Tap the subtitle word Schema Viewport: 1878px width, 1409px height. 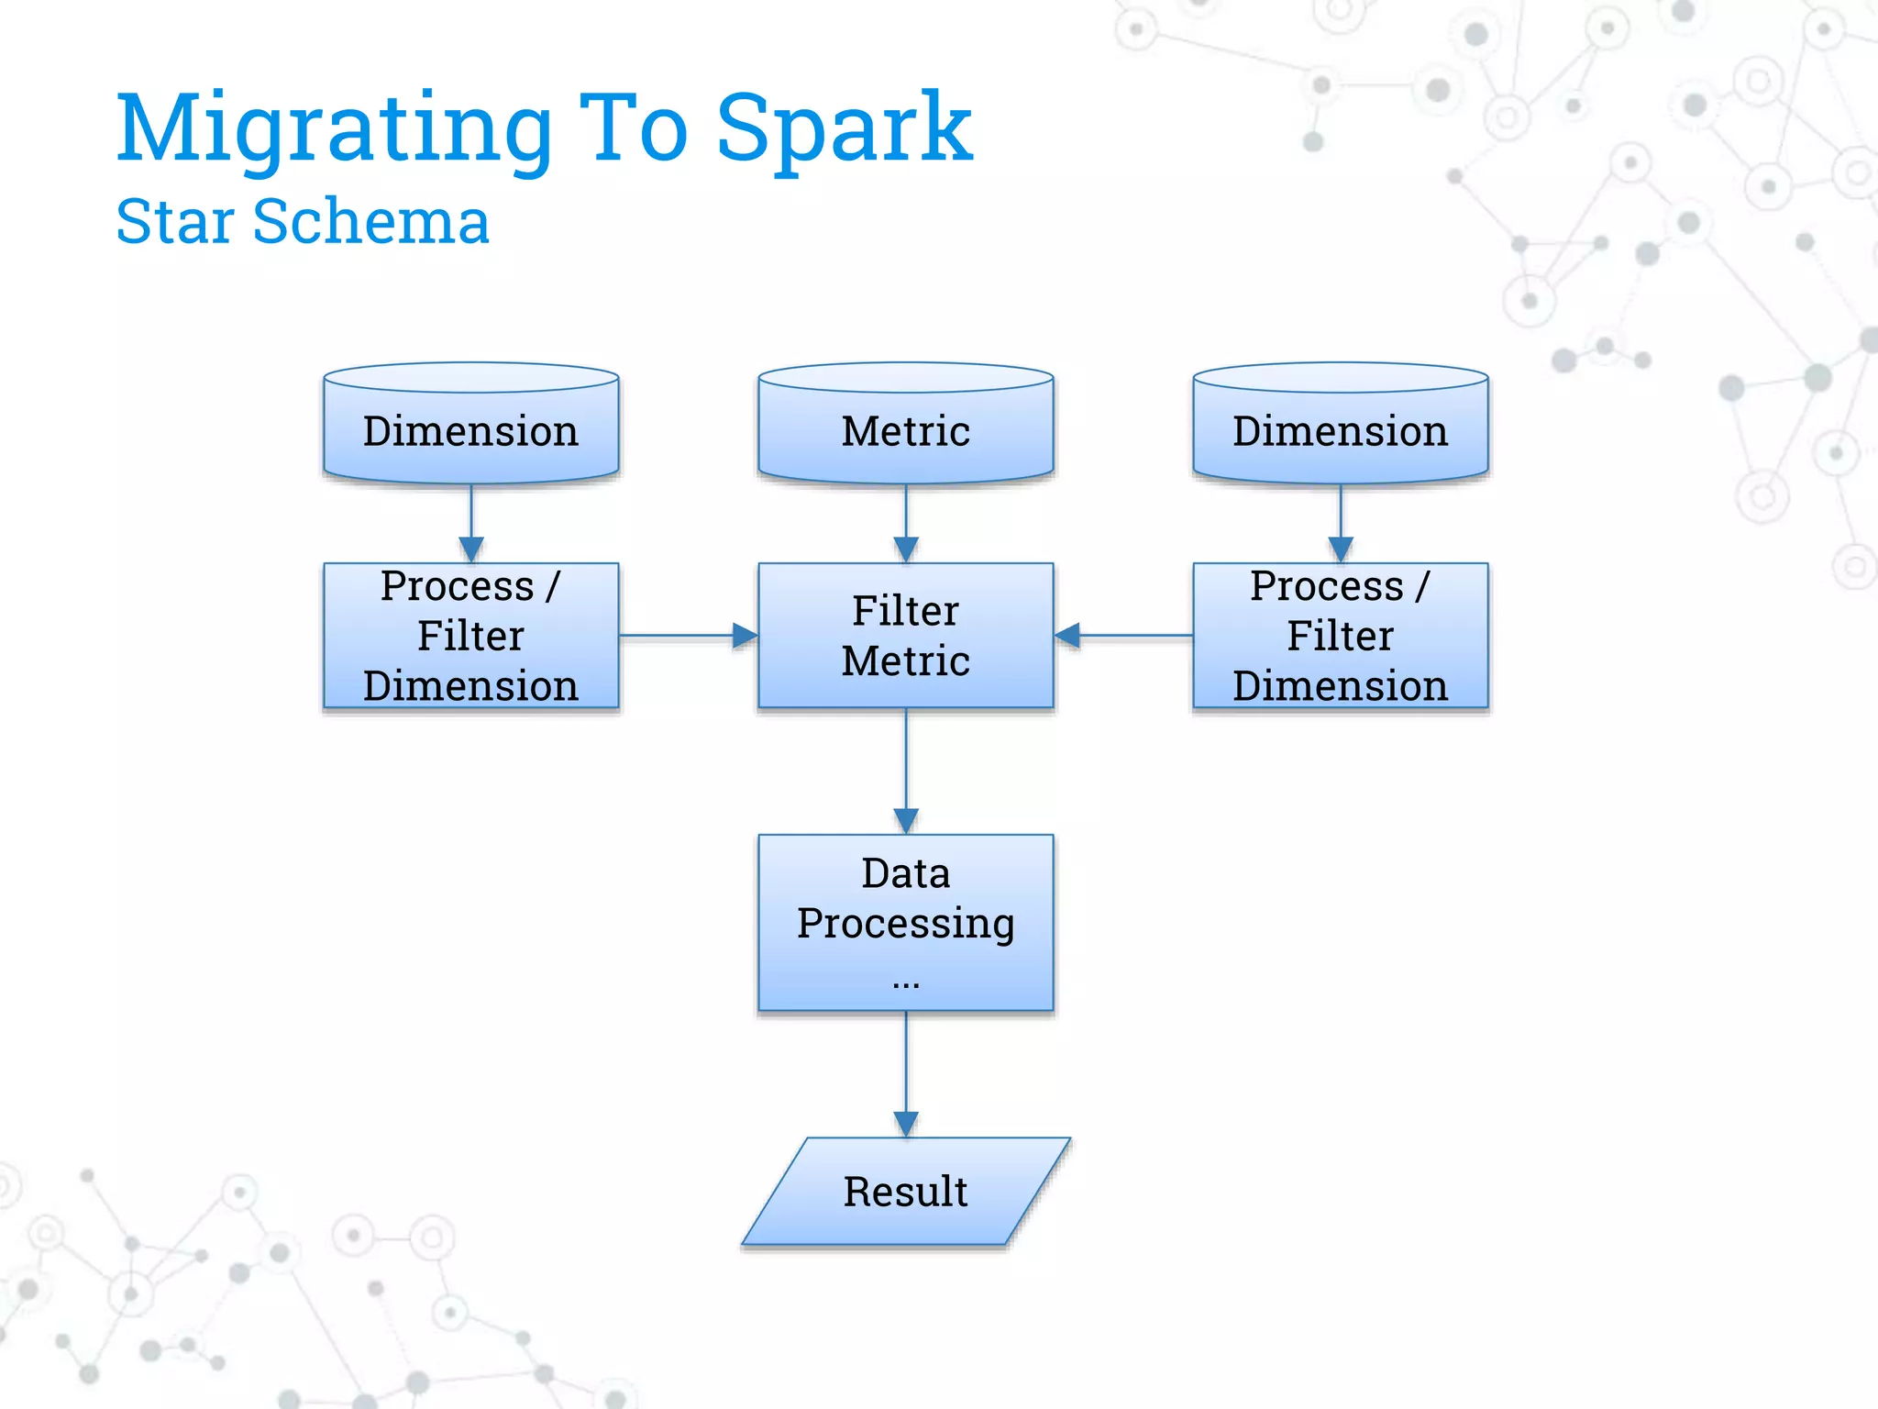[x=370, y=222]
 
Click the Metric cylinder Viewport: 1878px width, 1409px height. [x=905, y=427]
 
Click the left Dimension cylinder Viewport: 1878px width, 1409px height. [x=470, y=427]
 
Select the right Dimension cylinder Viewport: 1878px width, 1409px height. [x=1340, y=427]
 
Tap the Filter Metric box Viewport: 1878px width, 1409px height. [x=905, y=635]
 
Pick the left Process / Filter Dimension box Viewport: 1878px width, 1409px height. [x=470, y=635]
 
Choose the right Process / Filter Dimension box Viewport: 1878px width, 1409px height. [x=1340, y=635]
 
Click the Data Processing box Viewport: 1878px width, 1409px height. [x=905, y=922]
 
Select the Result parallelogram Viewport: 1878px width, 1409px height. [x=905, y=1191]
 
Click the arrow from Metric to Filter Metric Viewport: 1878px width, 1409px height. [x=906, y=523]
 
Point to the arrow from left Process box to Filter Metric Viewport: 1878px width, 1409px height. [x=688, y=635]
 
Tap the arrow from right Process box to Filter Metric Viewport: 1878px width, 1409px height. [x=1123, y=635]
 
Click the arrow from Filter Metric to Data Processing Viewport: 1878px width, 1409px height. [x=906, y=771]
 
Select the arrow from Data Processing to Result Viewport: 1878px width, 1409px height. [x=906, y=1073]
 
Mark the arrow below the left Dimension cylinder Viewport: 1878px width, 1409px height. [x=471, y=523]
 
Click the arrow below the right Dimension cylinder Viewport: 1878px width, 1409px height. [x=1341, y=523]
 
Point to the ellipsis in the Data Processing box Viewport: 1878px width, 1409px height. [x=905, y=984]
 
